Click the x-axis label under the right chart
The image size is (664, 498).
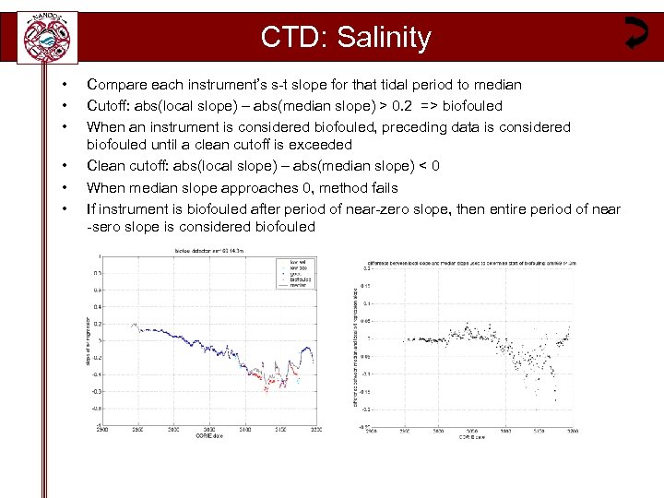tap(471, 436)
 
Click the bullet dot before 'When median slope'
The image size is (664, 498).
tap(64, 187)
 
